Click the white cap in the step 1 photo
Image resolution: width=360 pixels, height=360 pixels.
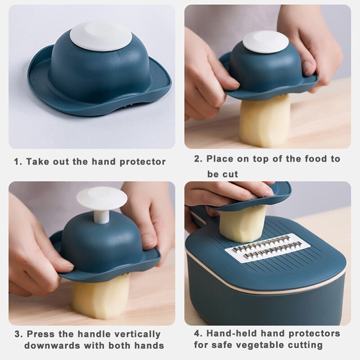[x=101, y=36]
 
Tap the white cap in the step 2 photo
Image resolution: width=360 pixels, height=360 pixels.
[x=265, y=41]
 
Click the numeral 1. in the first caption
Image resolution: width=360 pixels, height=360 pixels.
[x=18, y=162]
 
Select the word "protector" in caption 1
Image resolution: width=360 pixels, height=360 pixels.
[x=143, y=162]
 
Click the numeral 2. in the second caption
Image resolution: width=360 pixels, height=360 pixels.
[x=198, y=159]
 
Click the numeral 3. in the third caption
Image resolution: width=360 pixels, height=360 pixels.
[x=18, y=334]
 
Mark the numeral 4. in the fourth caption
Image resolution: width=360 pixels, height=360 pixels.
[x=198, y=333]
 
